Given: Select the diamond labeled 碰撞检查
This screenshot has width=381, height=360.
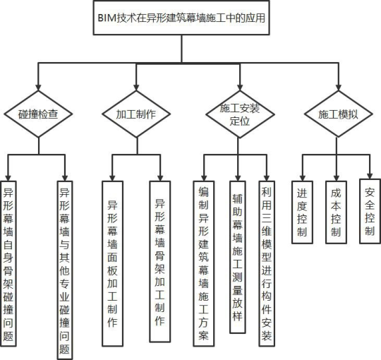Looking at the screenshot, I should pyautogui.click(x=37, y=114).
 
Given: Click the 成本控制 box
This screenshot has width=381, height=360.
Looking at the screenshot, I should pyautogui.click(x=335, y=212).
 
